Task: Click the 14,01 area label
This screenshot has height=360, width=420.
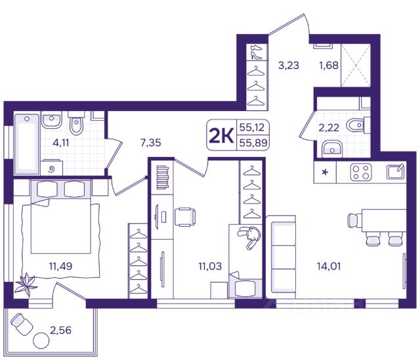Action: point(329,266)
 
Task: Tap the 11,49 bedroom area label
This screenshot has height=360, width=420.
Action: point(61,266)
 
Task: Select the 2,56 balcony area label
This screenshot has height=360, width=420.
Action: point(61,330)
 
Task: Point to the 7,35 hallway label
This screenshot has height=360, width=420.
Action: point(151,143)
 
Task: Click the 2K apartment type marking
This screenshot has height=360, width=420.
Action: point(221,136)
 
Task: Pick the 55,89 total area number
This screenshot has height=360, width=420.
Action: point(253,143)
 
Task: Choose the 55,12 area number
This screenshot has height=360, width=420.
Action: point(252,127)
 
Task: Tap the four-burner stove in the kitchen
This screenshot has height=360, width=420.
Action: point(361,171)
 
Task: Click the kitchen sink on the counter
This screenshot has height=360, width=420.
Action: point(395,171)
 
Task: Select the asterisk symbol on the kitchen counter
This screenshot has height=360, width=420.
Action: point(325,172)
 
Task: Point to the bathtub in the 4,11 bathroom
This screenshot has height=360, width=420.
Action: point(26,144)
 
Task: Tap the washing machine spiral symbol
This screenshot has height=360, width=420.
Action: point(52,169)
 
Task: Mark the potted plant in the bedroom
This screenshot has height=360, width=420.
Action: point(26,284)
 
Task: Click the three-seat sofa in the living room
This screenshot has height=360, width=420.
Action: point(282,257)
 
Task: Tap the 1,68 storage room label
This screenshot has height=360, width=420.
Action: point(329,65)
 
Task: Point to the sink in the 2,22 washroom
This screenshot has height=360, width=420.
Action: point(332,148)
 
